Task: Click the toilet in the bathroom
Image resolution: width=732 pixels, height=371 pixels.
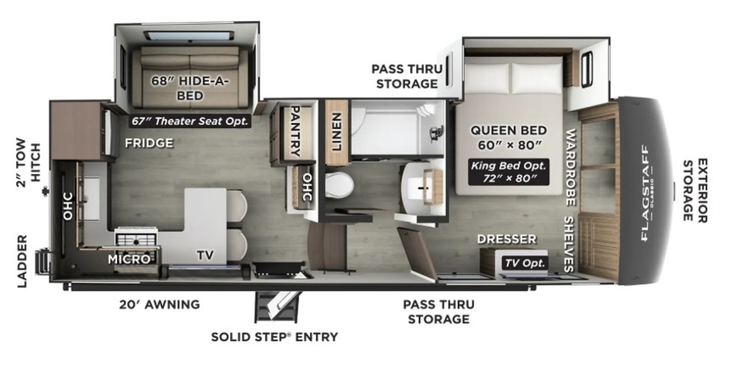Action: point(339,185)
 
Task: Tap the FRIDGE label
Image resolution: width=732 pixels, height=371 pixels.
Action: point(149,143)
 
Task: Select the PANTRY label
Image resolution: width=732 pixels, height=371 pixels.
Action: point(295,131)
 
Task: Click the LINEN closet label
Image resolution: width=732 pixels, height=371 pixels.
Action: point(337,132)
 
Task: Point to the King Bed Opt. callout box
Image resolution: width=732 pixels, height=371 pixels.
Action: point(509,172)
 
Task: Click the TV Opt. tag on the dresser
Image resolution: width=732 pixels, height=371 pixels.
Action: point(525,263)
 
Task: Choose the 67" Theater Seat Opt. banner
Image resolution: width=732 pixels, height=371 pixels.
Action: point(190,121)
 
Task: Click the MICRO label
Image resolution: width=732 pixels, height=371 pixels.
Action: point(129,259)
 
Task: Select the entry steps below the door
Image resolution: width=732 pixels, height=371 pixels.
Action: point(276,306)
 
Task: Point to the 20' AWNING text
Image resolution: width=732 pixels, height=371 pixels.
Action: point(159,304)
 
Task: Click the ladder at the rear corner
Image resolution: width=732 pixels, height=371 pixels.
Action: point(43,262)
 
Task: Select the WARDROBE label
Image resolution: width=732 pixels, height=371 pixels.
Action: point(570,167)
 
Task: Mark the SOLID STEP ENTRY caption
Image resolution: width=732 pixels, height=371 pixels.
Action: point(274,337)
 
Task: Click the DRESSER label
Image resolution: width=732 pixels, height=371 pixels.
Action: point(507,239)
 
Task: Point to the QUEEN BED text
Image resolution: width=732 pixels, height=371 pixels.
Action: point(509,131)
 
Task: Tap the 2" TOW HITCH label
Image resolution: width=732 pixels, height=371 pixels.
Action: point(28,162)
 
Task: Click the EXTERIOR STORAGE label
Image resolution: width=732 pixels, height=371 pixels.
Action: point(695,191)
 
